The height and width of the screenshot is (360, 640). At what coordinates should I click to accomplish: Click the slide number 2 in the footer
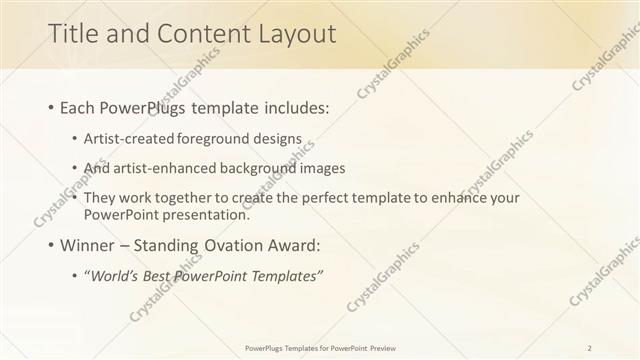(590, 347)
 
